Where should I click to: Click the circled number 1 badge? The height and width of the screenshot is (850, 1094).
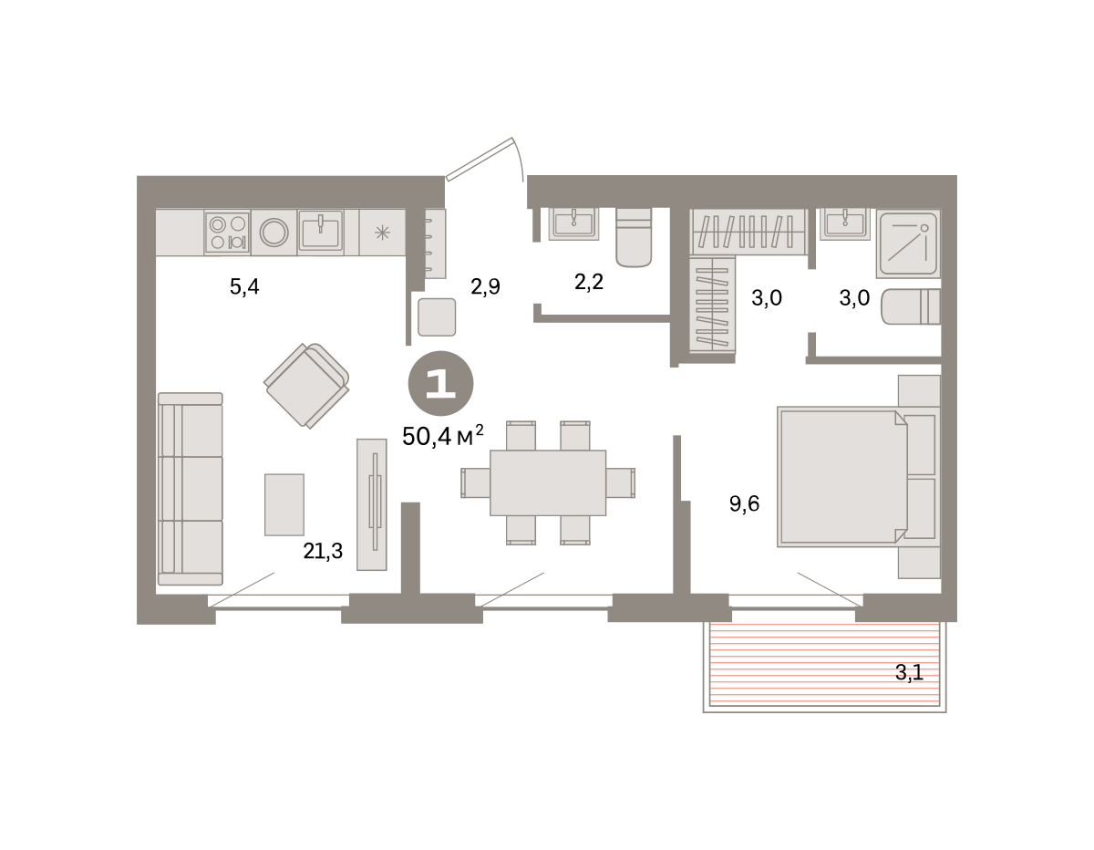click(440, 383)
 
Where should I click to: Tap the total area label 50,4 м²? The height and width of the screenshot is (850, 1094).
click(442, 436)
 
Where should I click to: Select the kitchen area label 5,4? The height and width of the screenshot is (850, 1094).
click(244, 287)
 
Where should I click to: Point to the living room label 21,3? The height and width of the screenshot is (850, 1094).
click(323, 551)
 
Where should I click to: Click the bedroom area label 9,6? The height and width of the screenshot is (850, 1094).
click(744, 503)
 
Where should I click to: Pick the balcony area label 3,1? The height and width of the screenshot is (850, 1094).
click(909, 672)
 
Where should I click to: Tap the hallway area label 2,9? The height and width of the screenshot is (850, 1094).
click(485, 287)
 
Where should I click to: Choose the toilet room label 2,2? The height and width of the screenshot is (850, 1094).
click(589, 282)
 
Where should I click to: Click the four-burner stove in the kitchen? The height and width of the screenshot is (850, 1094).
click(228, 233)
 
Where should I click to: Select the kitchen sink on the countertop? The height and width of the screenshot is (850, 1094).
click(320, 231)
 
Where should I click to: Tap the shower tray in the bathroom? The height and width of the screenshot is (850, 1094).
click(908, 244)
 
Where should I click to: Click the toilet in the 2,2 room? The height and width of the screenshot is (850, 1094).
click(634, 237)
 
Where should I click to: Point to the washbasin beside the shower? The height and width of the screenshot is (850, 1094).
click(845, 224)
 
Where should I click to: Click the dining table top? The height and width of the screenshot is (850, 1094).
click(548, 482)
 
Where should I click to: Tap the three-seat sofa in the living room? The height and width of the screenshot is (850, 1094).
click(191, 489)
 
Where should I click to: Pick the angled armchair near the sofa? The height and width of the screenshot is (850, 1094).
click(306, 386)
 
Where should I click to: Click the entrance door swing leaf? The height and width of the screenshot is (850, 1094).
click(480, 159)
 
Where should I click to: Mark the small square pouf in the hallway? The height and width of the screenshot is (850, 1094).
click(437, 317)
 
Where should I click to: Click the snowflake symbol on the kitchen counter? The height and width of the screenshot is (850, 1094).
click(383, 233)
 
